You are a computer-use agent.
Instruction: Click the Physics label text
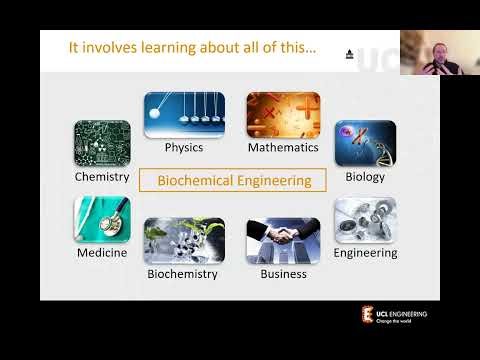click(184, 148)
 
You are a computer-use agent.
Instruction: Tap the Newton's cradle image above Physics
click(184, 115)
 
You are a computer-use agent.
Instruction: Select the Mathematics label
click(283, 148)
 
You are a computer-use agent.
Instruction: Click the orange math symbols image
click(282, 115)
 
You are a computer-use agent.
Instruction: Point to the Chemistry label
click(102, 177)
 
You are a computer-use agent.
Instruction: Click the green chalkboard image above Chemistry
click(102, 143)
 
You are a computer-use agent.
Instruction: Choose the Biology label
click(364, 177)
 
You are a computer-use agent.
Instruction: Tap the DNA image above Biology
click(364, 143)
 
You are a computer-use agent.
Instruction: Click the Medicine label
click(102, 253)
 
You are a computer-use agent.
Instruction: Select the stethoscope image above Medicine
click(102, 219)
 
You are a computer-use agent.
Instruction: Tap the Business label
click(283, 273)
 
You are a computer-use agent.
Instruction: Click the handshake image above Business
click(283, 240)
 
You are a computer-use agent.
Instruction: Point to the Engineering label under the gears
click(365, 253)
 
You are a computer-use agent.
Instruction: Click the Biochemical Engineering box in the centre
click(232, 181)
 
